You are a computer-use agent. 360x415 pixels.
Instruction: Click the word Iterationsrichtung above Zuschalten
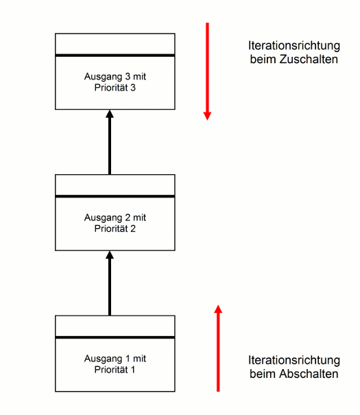pos(294,45)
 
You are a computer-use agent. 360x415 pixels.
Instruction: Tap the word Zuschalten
pos(309,59)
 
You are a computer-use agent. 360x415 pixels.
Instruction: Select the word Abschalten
pos(309,374)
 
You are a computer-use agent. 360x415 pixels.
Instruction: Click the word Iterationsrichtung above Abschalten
pos(294,360)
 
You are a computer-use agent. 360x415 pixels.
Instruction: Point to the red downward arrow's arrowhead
pos(207,116)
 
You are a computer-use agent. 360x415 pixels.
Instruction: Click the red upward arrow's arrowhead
pos(218,309)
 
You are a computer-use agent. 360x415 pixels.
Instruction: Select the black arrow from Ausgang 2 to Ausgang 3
pos(110,142)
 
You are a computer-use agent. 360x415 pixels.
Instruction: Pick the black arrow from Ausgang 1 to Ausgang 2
pos(110,283)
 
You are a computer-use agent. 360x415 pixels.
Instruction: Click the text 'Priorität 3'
pos(115,88)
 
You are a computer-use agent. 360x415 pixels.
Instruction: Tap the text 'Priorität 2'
pos(115,228)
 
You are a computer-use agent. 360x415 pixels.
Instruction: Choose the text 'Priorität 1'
pos(115,370)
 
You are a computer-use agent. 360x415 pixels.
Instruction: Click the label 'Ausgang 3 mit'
pos(115,77)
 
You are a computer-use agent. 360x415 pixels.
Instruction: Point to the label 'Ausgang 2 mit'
pos(115,217)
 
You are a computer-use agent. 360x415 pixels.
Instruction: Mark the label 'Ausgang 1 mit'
pos(115,359)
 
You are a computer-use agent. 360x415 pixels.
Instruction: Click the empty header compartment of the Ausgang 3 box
pos(115,44)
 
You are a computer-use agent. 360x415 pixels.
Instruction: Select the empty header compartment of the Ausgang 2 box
pos(115,185)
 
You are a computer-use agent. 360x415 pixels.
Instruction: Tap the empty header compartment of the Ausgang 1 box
pos(115,326)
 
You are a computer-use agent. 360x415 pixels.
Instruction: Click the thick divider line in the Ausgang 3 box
pos(115,56)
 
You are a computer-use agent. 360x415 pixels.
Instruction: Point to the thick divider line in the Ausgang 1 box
pos(115,337)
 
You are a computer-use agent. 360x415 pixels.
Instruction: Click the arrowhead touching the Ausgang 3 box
pos(110,114)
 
